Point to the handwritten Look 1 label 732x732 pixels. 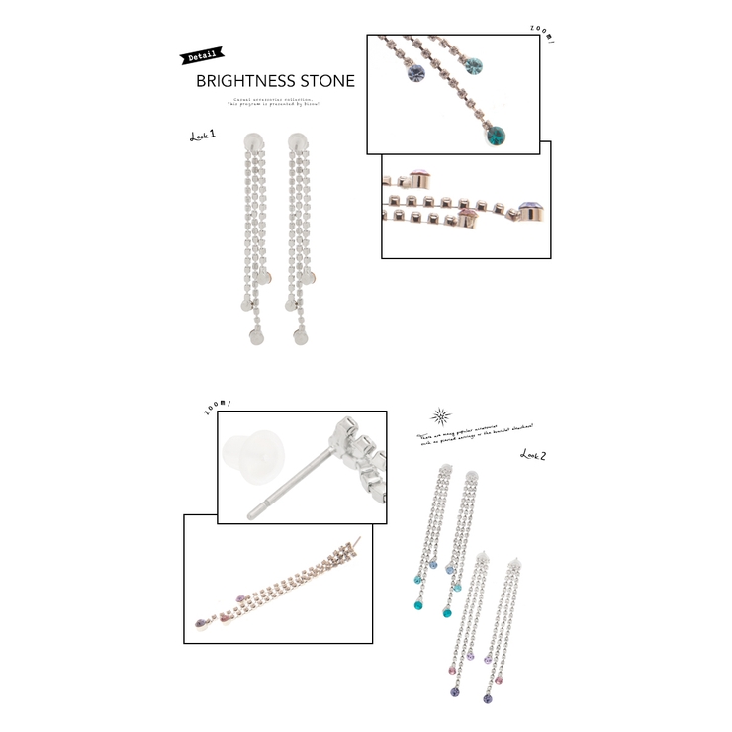(x=203, y=136)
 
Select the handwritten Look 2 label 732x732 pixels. (x=534, y=454)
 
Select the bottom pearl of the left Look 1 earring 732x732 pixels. (x=253, y=338)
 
